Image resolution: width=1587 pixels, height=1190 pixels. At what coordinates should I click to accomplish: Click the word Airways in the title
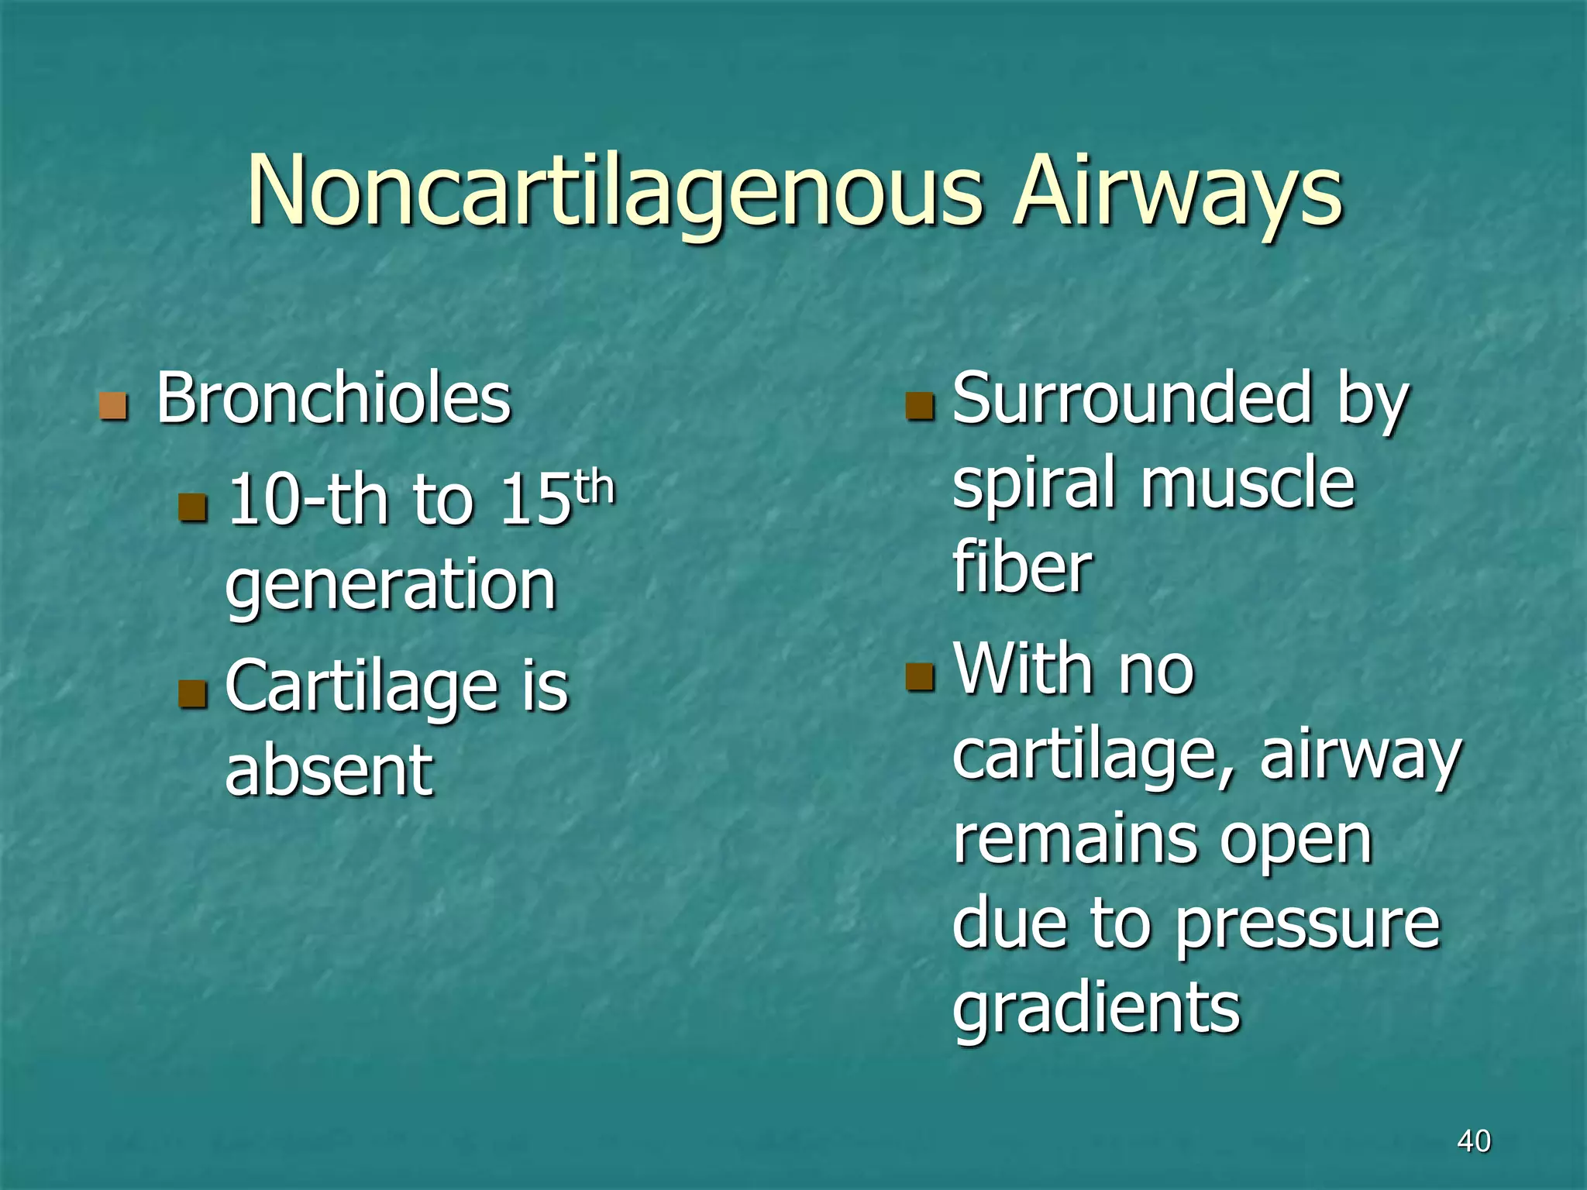[x=1178, y=194]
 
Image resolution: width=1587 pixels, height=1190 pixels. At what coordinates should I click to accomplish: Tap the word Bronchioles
[x=333, y=399]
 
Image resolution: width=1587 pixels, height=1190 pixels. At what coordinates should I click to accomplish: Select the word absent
[x=329, y=770]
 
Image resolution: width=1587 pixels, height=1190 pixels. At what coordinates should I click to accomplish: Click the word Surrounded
[x=1131, y=399]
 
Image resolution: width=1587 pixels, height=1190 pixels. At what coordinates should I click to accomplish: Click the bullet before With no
[x=920, y=676]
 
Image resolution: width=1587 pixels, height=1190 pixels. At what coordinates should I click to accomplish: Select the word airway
[x=1360, y=755]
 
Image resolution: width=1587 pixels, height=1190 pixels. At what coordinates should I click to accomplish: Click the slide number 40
[x=1474, y=1141]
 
